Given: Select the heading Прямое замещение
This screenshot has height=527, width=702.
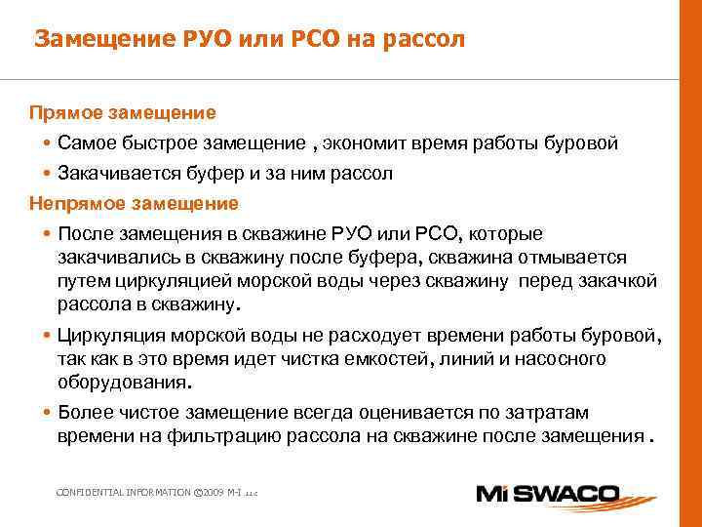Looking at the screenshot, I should tap(122, 112).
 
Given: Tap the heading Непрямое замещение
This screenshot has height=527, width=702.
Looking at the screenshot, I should tap(134, 204).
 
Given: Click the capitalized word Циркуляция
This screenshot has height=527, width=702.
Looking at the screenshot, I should tap(115, 337).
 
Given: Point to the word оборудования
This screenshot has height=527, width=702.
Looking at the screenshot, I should tap(123, 383).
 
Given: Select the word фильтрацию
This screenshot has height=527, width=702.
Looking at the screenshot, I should tap(255, 436).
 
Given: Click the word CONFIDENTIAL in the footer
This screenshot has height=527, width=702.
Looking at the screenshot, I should tap(88, 493).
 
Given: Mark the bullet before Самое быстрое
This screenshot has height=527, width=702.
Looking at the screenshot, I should tap(47, 144).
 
